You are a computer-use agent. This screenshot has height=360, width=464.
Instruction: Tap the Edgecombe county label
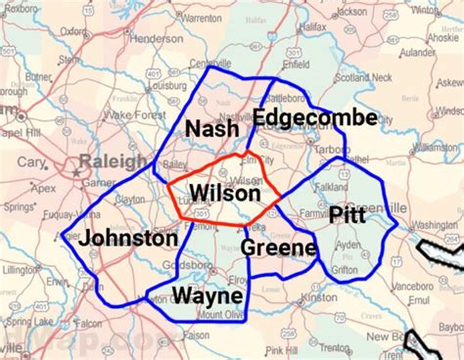(x=314, y=118)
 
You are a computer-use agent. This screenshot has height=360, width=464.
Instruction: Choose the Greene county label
(x=278, y=247)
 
